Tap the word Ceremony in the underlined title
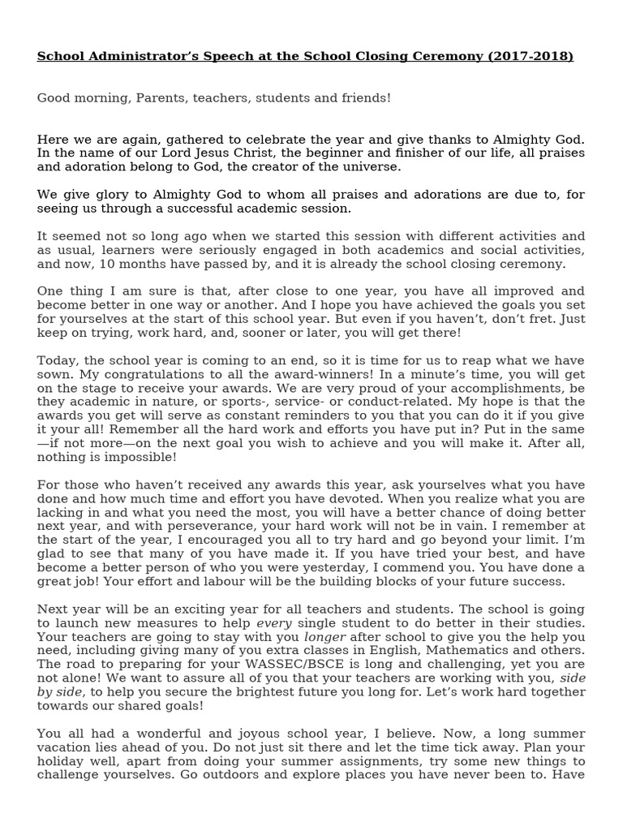coord(458,56)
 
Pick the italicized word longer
coord(323,636)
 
